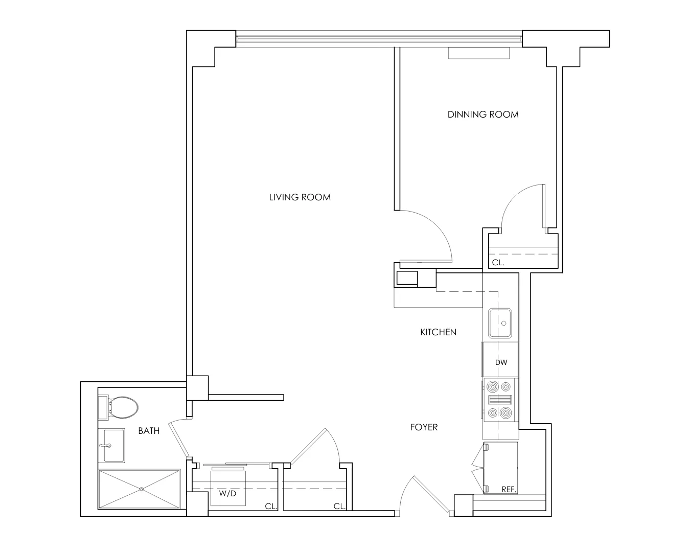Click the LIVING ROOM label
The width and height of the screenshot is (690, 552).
[300, 197]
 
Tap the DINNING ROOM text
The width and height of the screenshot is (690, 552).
[483, 114]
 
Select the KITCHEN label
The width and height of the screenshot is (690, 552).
[438, 332]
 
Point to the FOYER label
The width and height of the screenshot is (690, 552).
[424, 427]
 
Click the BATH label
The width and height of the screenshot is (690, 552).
[149, 431]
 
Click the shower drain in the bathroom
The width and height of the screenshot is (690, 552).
[141, 489]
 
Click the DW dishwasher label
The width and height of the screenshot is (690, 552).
[501, 362]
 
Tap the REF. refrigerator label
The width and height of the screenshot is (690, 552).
[508, 490]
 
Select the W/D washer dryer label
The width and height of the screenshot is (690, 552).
[227, 494]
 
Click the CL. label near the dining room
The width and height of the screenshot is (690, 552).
[498, 263]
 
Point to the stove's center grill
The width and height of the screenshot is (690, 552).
[500, 400]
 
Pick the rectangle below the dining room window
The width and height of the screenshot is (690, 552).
[479, 53]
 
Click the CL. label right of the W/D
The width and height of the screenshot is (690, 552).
[271, 507]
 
